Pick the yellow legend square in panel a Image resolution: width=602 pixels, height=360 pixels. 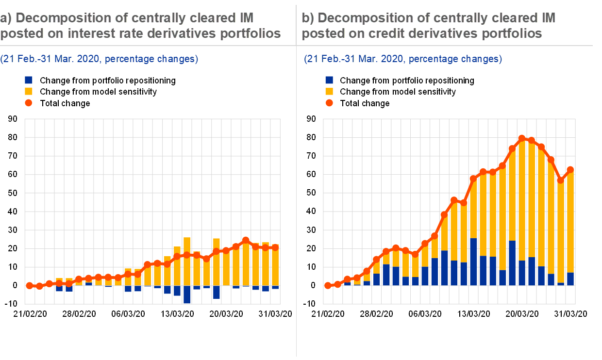point(29,91)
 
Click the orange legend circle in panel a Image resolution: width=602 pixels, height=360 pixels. point(29,103)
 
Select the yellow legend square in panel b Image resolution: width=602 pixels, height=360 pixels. point(329,91)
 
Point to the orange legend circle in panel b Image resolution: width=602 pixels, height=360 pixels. point(329,103)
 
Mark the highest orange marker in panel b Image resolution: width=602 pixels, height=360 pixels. point(522,138)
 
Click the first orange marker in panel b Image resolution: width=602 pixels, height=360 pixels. point(328,285)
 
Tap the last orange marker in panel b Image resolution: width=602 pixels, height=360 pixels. point(570,169)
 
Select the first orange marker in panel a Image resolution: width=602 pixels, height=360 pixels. point(29,285)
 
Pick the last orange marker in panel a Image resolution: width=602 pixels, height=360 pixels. point(275,247)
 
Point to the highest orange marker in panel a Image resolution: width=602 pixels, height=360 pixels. point(245,240)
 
